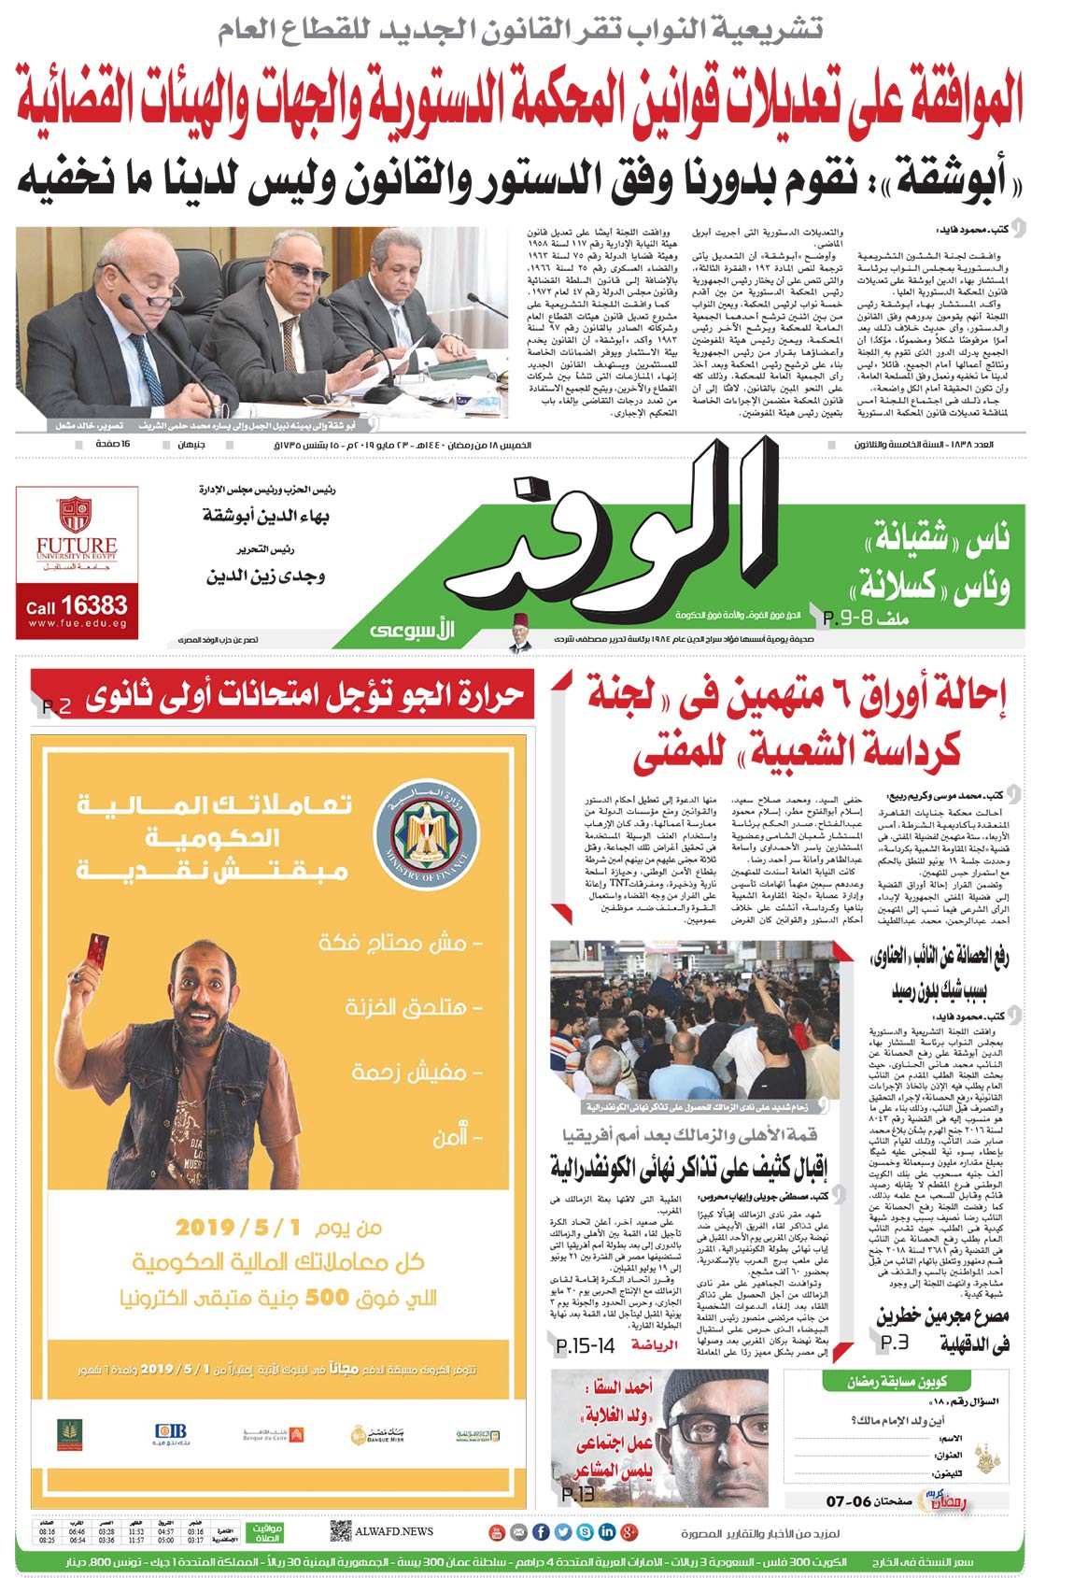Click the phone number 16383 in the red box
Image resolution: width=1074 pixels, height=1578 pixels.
tap(93, 606)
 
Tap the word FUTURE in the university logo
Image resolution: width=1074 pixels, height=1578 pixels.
tap(77, 545)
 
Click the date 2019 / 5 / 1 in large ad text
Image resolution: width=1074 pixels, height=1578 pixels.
tap(238, 1227)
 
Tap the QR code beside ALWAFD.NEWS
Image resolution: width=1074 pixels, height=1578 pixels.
tap(340, 1531)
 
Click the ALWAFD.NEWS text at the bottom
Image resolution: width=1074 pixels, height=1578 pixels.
tap(394, 1531)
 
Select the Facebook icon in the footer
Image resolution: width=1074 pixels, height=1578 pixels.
tap(541, 1532)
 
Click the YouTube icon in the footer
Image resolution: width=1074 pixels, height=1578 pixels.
tap(496, 1532)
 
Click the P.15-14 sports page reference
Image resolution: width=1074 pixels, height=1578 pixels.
tap(586, 1345)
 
